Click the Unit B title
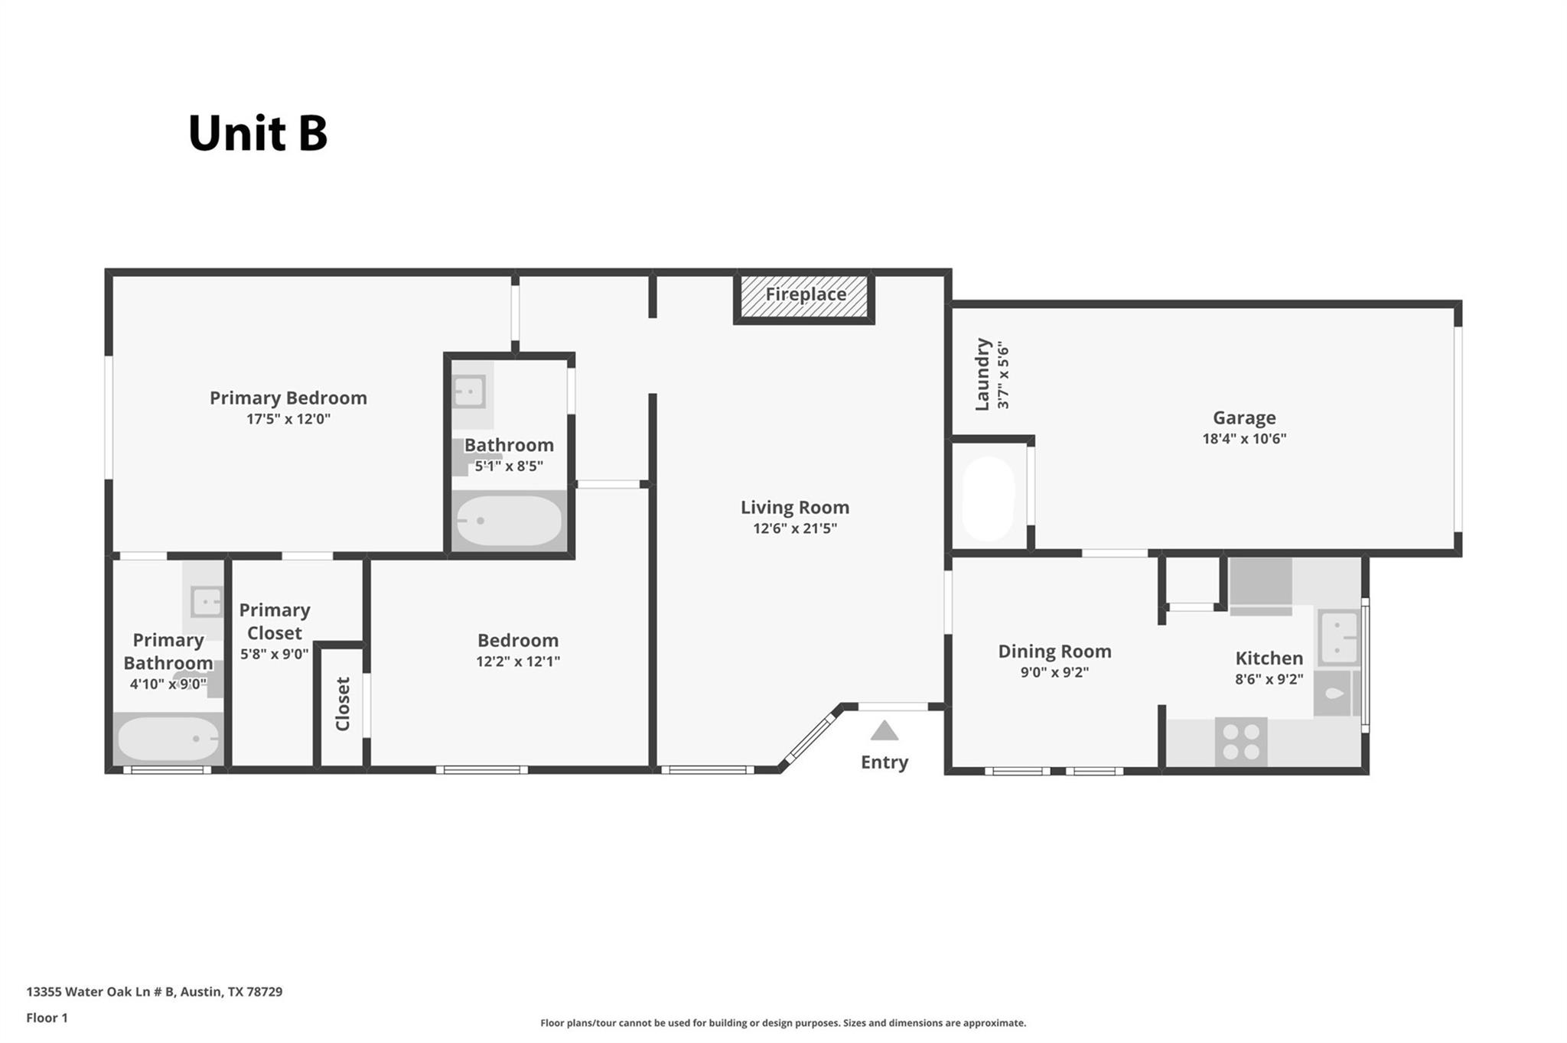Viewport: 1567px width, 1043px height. (x=258, y=134)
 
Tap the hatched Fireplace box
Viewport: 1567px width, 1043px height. (x=804, y=296)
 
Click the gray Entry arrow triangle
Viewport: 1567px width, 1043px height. (x=884, y=731)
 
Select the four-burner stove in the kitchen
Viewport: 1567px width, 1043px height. (x=1240, y=742)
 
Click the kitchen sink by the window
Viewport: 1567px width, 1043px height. (x=1337, y=638)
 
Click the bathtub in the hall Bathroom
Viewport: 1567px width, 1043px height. (x=509, y=521)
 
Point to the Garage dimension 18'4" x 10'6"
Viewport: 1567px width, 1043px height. (x=1243, y=439)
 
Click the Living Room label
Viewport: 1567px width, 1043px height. (x=794, y=507)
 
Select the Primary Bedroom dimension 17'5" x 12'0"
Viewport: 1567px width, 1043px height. (x=288, y=419)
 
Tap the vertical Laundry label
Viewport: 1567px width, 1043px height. (x=983, y=375)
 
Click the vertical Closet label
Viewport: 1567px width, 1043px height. (x=342, y=703)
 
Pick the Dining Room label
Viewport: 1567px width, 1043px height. (x=1054, y=651)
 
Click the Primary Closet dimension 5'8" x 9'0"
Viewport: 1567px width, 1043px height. (x=274, y=655)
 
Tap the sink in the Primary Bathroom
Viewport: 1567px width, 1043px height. (x=206, y=602)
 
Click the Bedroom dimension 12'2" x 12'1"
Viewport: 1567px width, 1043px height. (x=517, y=661)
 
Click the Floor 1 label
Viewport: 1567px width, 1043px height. (x=47, y=1018)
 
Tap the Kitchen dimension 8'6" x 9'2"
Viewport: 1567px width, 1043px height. (x=1269, y=679)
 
